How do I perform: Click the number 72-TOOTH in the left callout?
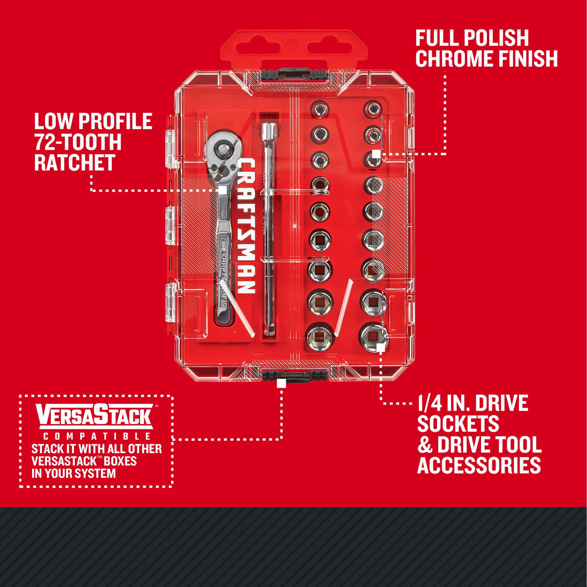(77, 142)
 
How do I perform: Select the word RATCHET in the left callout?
(74, 163)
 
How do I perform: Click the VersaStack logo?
(95, 416)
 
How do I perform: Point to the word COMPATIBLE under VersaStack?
(96, 437)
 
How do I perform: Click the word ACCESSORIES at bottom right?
(479, 465)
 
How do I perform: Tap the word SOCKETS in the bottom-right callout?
(458, 424)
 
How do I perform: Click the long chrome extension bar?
(267, 232)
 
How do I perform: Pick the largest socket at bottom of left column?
(320, 336)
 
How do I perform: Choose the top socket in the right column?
(372, 109)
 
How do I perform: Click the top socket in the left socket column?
(320, 110)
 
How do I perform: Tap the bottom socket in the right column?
(372, 335)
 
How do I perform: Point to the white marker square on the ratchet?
(222, 190)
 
